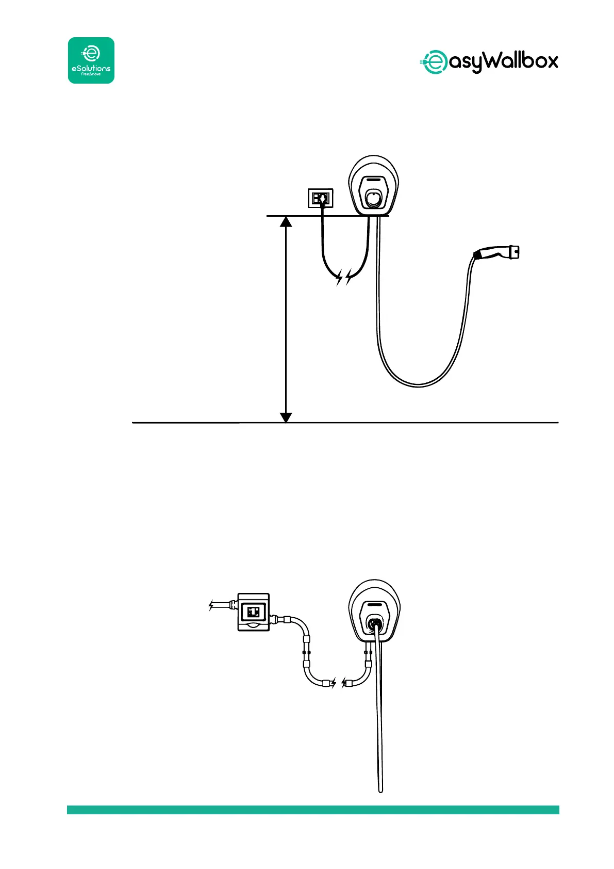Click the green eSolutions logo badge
91,60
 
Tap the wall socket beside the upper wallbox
321,198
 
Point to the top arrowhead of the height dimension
286,222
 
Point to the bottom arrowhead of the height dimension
286,417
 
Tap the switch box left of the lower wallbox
253,612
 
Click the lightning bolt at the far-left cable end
211,605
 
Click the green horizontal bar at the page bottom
313,810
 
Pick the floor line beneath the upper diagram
412,423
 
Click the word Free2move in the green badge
91,74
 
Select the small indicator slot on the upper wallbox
375,182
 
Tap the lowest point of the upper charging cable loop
418,384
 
